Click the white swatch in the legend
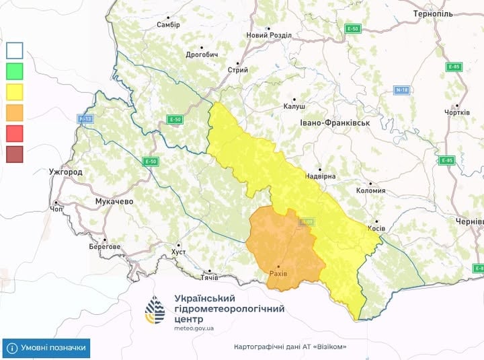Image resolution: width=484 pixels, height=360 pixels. (15, 50)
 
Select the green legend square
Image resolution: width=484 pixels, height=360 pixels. (15, 70)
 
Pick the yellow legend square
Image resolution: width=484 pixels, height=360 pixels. (15, 91)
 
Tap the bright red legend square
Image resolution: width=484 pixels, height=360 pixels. (15, 133)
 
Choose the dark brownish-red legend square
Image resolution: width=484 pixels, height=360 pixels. (15, 154)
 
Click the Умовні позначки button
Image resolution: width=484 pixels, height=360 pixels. (46, 348)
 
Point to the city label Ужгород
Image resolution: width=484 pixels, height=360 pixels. (66, 172)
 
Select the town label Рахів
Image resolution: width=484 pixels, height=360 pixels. (278, 274)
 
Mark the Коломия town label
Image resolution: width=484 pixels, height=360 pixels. (371, 190)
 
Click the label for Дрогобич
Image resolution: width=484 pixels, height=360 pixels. (202, 55)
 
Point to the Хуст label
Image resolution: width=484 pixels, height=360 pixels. (178, 251)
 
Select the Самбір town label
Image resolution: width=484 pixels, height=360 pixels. (168, 25)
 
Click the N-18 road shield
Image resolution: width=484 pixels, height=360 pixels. (402, 90)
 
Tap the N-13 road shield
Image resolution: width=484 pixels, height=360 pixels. (85, 119)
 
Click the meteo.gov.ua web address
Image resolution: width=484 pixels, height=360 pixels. (194, 328)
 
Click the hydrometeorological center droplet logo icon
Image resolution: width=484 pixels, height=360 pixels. (155, 310)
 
